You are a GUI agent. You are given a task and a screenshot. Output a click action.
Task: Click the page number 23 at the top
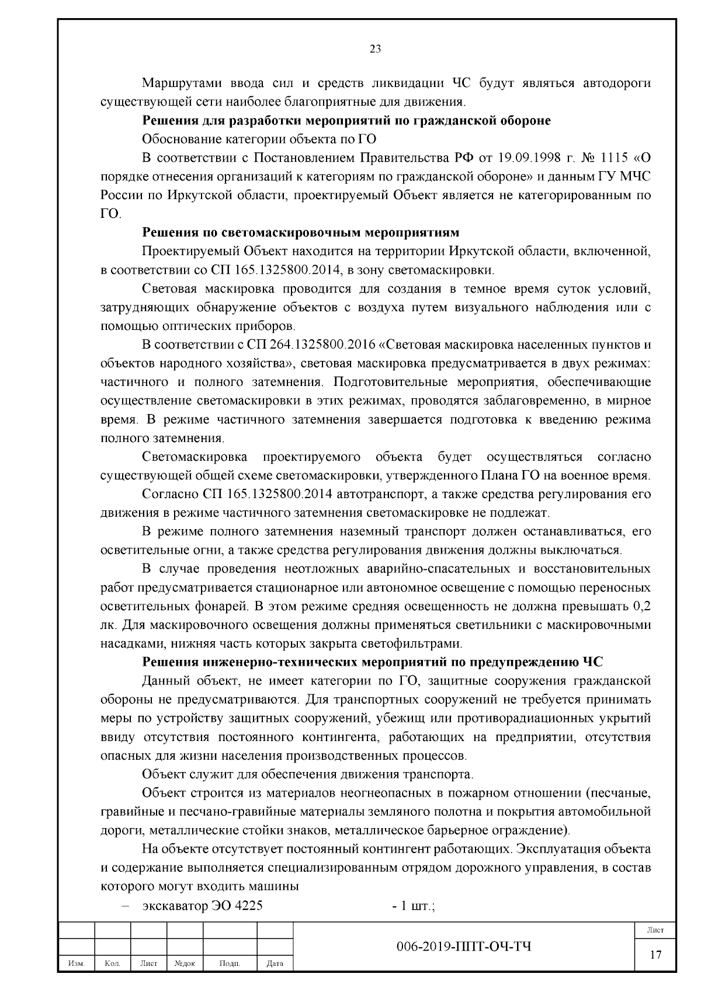[376, 49]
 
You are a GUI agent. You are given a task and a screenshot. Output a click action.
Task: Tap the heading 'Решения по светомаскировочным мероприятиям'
[301, 232]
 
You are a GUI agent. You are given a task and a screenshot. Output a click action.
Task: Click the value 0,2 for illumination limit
[641, 606]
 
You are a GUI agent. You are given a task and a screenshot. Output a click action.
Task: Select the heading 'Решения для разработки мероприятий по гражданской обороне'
[346, 121]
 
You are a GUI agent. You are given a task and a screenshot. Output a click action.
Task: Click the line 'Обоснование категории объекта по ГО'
[259, 139]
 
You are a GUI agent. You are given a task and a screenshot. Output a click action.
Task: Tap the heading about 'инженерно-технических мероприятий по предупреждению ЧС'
[373, 662]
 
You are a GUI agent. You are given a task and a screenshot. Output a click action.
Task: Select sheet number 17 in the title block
[656, 955]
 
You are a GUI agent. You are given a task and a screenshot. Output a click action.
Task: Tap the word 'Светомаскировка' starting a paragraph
[194, 457]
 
